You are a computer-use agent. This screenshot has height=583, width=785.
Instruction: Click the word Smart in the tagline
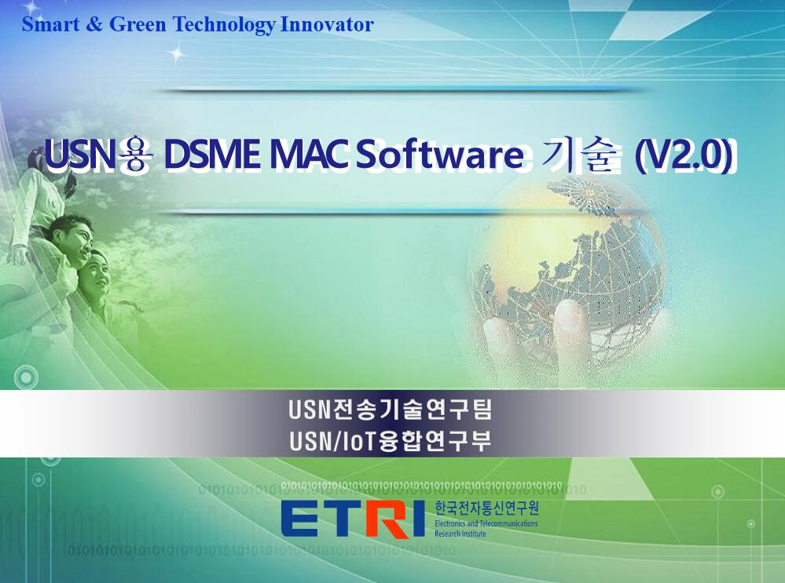click(50, 24)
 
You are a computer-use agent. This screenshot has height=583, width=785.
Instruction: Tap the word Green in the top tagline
click(138, 24)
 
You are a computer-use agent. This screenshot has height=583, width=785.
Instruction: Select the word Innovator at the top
click(327, 24)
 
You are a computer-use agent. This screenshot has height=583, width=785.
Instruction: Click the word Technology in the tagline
click(224, 25)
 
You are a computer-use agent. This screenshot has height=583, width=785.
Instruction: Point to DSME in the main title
click(212, 155)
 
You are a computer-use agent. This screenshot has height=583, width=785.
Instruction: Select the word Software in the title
click(440, 155)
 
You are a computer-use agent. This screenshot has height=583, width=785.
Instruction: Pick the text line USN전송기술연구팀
click(390, 410)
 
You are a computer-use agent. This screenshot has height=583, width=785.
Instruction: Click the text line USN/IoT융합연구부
click(390, 441)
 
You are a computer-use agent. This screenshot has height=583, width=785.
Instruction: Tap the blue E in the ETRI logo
click(300, 519)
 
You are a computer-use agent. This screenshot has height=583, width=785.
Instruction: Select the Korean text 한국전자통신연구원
click(486, 508)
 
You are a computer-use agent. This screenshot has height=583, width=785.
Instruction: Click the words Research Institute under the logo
click(460, 534)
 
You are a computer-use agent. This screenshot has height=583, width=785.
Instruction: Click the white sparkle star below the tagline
click(176, 53)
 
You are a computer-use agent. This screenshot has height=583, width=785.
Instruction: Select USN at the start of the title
click(79, 155)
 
